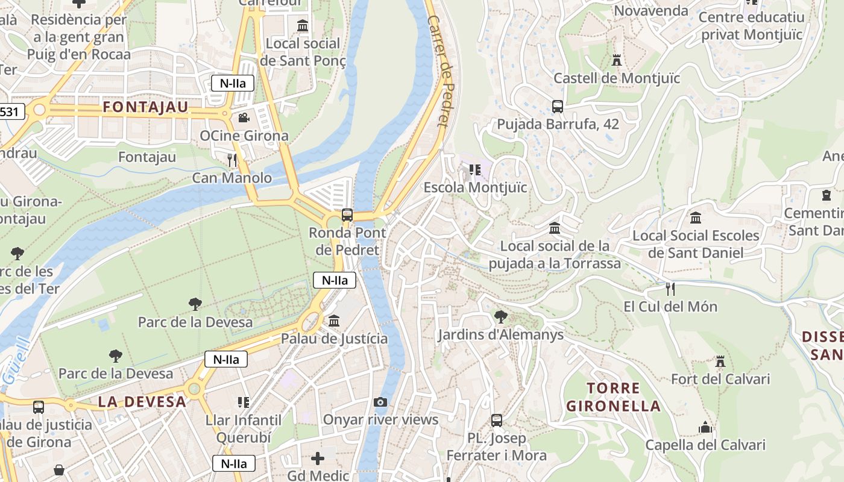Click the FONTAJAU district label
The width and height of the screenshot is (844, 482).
145,107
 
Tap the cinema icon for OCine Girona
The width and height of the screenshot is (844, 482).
244,117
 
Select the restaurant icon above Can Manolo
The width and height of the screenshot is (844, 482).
231,160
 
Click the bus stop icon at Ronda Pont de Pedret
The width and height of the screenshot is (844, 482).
347,214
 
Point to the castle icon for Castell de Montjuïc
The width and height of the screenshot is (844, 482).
616,60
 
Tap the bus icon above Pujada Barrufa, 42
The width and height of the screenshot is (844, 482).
558,107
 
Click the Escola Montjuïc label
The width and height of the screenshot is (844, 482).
475,187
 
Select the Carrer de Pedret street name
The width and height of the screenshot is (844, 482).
439,70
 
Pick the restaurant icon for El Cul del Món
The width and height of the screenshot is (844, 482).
670,289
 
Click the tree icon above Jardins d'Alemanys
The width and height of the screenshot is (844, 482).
500,316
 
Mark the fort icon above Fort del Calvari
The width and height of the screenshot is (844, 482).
720,361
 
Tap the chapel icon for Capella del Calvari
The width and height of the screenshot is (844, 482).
705,428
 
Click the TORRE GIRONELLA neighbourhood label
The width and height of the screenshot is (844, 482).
613,397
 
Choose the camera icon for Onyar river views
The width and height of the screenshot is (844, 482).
380,402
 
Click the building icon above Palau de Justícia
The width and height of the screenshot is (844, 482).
334,321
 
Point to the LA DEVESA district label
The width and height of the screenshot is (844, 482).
142,402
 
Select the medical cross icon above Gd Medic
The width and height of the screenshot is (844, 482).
318,459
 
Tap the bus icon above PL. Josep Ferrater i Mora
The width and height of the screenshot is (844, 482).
496,420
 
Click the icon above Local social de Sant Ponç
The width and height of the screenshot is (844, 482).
303,26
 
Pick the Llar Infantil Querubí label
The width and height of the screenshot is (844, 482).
244,428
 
